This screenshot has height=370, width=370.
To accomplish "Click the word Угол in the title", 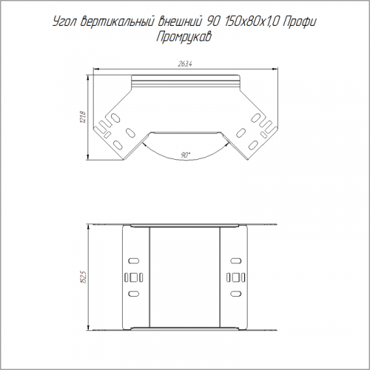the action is [x=64, y=23].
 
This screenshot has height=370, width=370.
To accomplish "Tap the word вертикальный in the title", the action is [x=116, y=22].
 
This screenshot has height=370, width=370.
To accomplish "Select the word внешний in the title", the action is [x=179, y=22].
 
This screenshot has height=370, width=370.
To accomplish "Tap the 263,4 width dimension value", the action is [x=185, y=64].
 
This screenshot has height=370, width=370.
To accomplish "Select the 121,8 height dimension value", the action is [x=83, y=118].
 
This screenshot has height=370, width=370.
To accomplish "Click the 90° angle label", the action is [x=186, y=155].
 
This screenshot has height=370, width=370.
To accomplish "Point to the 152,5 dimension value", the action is [x=83, y=277].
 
